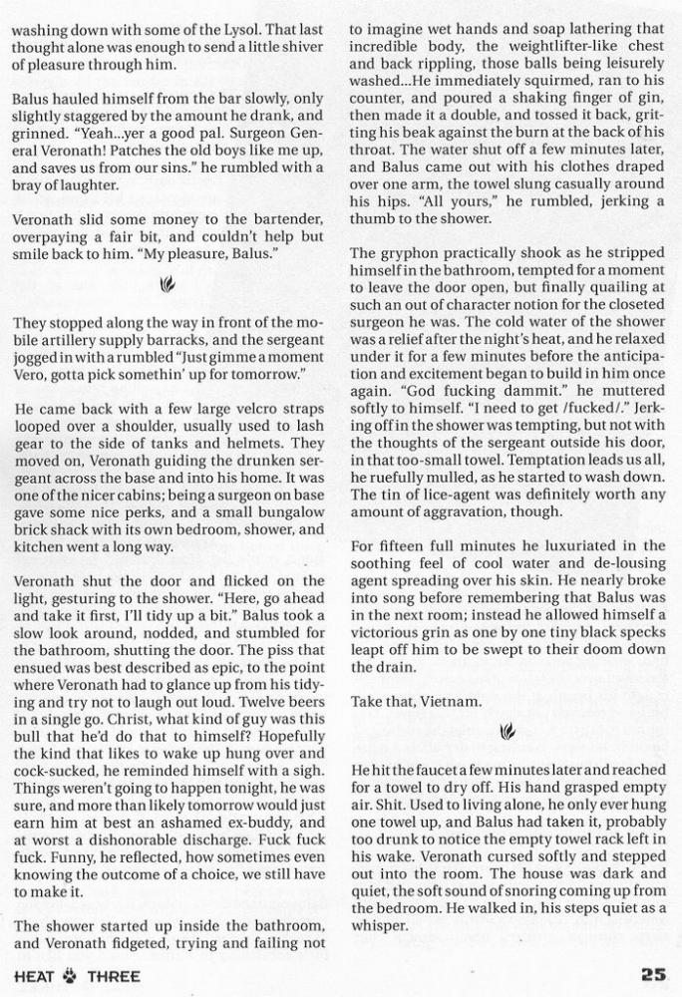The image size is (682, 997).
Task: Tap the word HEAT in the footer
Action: point(33,975)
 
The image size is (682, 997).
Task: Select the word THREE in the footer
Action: point(114,975)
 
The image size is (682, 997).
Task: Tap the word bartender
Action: point(281,218)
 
